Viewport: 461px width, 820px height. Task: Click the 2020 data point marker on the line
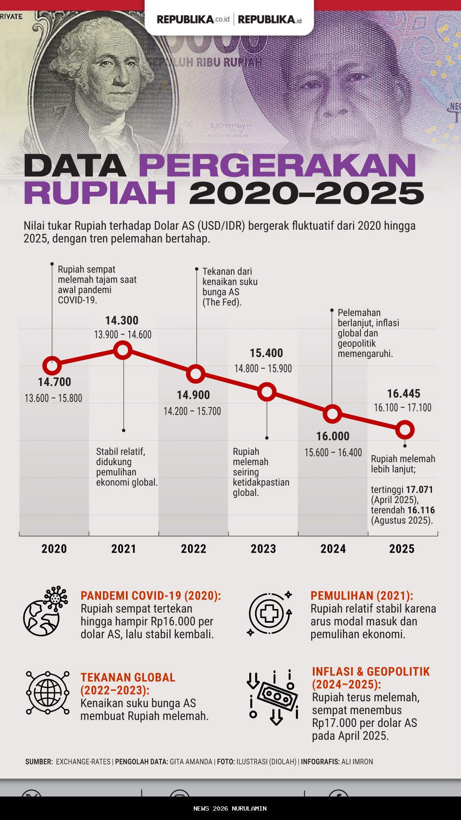point(52,366)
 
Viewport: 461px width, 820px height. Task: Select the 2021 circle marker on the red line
point(123,350)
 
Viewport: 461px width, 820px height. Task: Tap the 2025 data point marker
point(405,430)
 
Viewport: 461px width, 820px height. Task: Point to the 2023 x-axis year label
point(263,549)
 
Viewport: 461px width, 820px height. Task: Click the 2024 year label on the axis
point(333,549)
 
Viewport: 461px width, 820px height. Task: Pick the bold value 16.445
point(403,394)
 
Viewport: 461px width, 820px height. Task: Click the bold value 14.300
point(122,321)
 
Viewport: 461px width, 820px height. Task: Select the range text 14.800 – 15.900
point(263,369)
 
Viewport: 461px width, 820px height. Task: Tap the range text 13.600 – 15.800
point(53,398)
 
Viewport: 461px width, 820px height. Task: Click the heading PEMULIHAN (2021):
point(362,596)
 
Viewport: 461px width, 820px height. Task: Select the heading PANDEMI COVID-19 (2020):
point(151,596)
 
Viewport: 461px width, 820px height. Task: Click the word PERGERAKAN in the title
point(277,166)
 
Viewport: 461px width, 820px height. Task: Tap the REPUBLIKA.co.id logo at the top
point(193,20)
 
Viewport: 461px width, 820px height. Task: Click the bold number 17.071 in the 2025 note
point(419,489)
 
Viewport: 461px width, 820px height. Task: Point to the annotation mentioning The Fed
point(230,287)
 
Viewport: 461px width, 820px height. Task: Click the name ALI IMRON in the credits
point(357,761)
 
